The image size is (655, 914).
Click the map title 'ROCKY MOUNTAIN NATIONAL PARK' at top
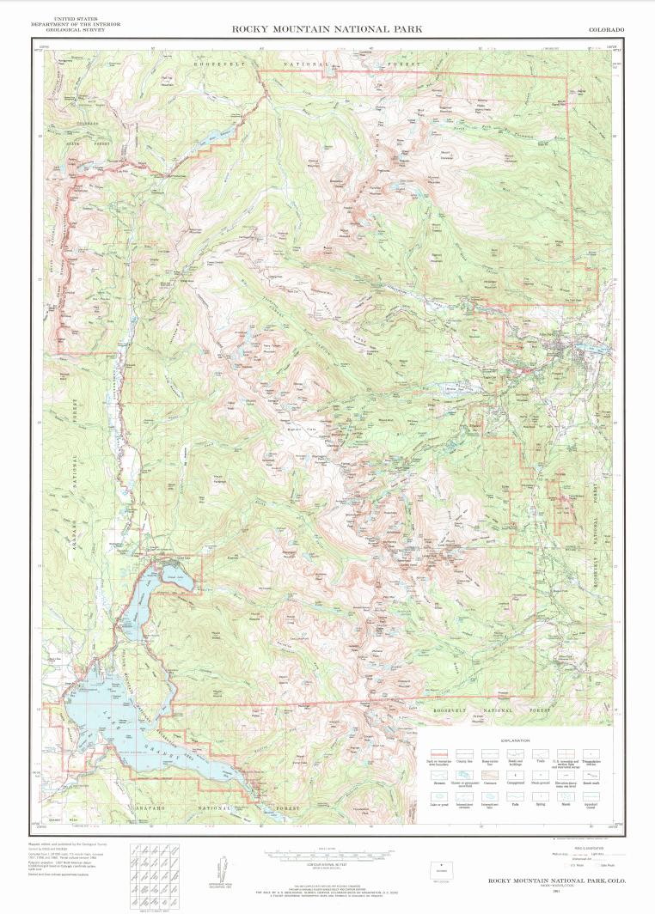click(327, 29)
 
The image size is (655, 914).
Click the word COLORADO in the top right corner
click(606, 29)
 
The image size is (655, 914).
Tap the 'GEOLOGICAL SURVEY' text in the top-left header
click(75, 29)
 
